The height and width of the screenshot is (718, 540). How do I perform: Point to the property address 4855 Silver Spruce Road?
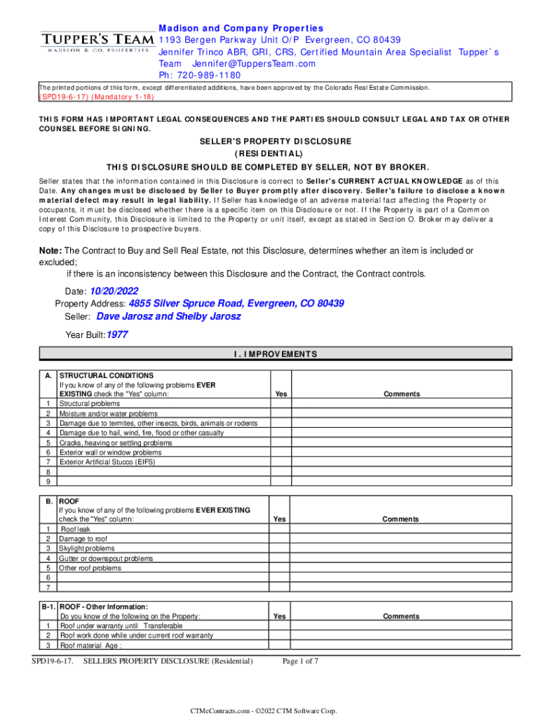tap(236, 304)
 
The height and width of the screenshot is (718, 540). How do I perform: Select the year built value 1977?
tap(117, 335)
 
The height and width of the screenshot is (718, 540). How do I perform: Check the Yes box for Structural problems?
tap(281, 404)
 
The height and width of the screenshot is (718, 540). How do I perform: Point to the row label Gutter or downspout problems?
tap(105, 558)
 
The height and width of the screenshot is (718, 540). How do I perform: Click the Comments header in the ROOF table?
tap(401, 520)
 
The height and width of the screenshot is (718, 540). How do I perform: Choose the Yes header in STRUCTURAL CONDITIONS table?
tap(281, 394)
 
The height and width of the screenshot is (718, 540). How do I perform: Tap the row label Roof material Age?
tap(92, 646)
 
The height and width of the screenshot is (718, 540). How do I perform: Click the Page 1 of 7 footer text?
tap(301, 661)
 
